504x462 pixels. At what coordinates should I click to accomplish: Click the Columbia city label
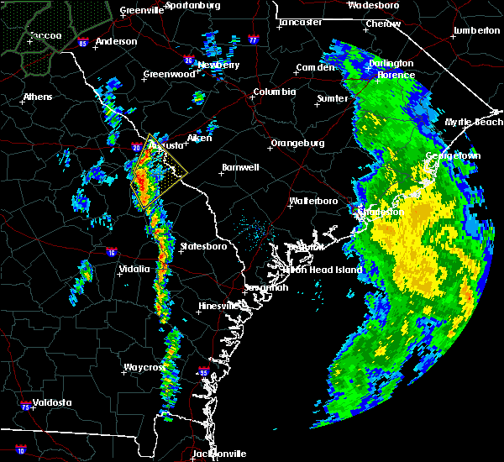click(275, 92)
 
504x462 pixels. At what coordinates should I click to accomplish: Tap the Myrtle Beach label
click(479, 122)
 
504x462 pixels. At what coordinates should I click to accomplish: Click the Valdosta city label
click(51, 402)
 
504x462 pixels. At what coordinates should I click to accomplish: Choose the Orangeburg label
click(297, 143)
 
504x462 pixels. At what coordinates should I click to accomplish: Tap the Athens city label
click(37, 97)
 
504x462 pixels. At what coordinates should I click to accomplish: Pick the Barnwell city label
click(239, 167)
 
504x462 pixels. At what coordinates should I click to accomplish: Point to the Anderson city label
click(116, 41)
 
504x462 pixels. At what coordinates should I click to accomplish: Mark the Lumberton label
click(476, 30)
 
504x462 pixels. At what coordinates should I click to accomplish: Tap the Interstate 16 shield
click(112, 252)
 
